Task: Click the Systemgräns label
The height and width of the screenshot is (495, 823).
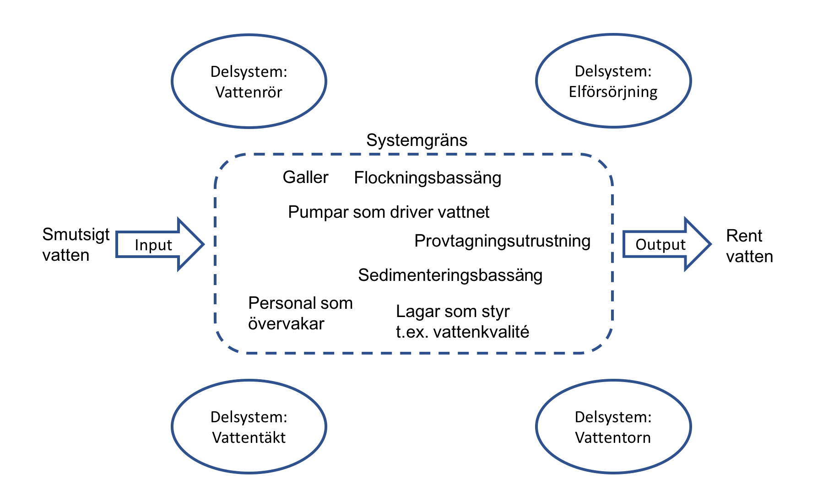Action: pyautogui.click(x=417, y=140)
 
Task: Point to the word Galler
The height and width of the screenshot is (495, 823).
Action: pyautogui.click(x=305, y=177)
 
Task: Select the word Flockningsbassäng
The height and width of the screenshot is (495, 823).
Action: pyautogui.click(x=428, y=178)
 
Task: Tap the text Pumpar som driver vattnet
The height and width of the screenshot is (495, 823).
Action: pyautogui.click(x=389, y=212)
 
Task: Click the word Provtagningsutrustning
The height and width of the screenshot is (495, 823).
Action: pyautogui.click(x=502, y=241)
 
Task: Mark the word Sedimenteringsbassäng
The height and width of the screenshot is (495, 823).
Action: pyautogui.click(x=450, y=275)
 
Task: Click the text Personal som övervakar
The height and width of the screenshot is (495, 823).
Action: pyautogui.click(x=300, y=313)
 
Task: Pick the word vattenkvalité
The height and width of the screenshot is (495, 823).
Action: pyautogui.click(x=481, y=332)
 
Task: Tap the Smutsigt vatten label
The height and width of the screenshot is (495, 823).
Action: pyautogui.click(x=76, y=245)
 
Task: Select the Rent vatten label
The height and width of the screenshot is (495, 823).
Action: pyautogui.click(x=749, y=246)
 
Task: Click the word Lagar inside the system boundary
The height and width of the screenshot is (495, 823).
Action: pyautogui.click(x=412, y=312)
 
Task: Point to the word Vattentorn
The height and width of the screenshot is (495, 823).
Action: pyautogui.click(x=613, y=438)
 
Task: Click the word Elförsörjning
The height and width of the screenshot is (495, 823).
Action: pyautogui.click(x=613, y=92)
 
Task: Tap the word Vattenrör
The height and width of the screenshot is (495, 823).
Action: pyautogui.click(x=249, y=92)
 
